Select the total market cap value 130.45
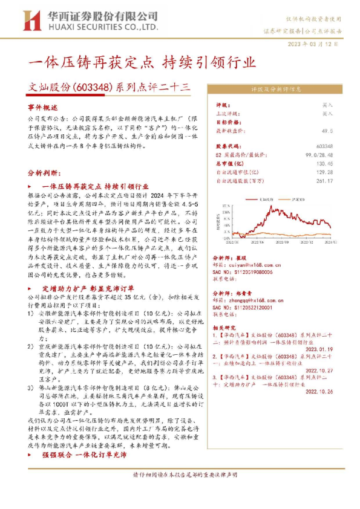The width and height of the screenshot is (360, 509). coord(324,163)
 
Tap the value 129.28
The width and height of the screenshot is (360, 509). coord(324,172)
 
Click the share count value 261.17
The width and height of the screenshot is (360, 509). coord(324,180)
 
